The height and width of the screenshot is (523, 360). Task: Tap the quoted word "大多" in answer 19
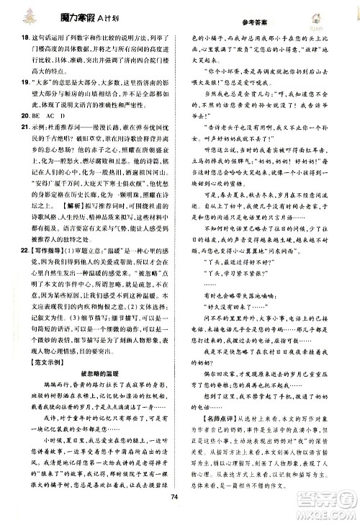point(37,82)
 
